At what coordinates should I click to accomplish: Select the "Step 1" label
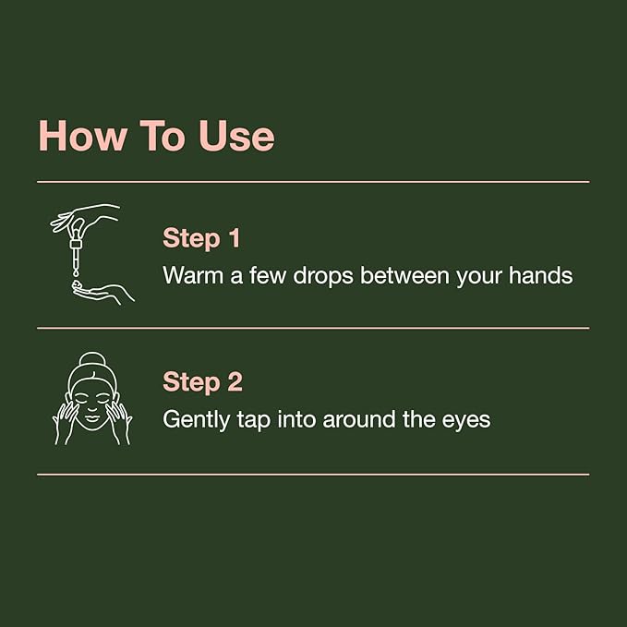(201, 237)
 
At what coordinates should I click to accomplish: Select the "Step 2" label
(202, 381)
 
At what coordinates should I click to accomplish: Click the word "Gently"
(193, 420)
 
